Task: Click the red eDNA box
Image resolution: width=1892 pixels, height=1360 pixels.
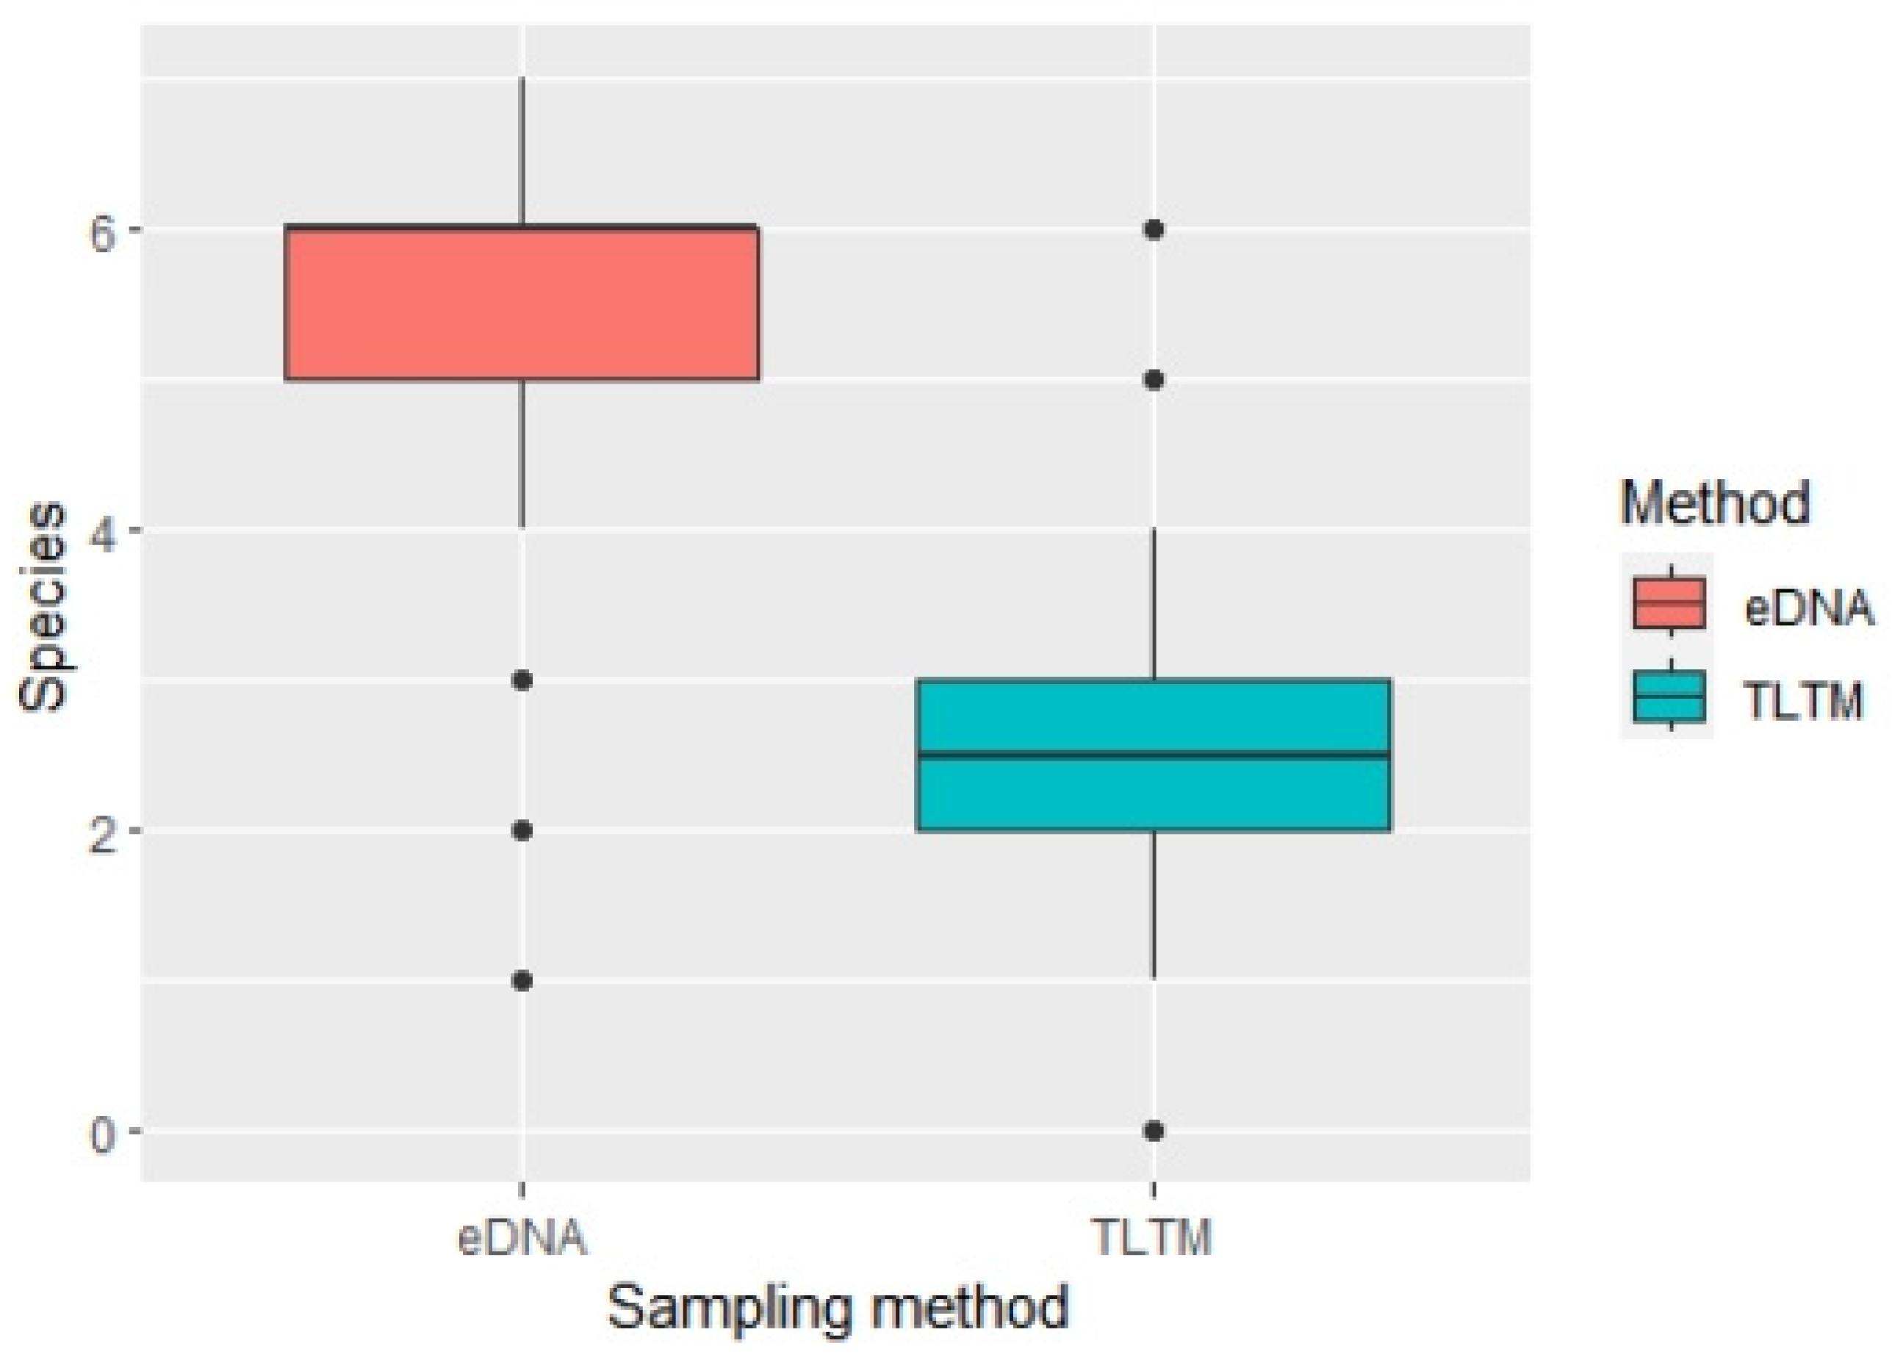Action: (522, 303)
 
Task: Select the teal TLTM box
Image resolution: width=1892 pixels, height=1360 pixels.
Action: (1153, 793)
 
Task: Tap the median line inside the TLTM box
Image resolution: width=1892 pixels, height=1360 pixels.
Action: (1153, 755)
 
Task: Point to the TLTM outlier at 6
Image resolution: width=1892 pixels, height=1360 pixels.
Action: (1154, 229)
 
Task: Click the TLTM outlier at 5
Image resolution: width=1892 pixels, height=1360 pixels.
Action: (1154, 381)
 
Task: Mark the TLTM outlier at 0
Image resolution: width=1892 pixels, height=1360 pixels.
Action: (1154, 1131)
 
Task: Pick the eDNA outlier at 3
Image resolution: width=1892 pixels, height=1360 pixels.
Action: (522, 681)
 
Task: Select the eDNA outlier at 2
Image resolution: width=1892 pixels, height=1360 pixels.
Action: (522, 831)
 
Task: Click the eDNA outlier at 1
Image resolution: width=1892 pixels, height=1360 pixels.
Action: (522, 981)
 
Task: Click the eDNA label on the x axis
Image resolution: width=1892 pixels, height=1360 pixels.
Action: (522, 1237)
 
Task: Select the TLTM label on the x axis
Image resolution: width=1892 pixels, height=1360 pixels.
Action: (1153, 1237)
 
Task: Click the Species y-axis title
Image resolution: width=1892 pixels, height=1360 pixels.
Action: (42, 607)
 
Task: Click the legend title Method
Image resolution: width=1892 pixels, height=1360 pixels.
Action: (1714, 503)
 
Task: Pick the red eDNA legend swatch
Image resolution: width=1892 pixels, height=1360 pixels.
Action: (1669, 602)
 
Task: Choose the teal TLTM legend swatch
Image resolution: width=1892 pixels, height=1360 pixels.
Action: (1669, 696)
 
